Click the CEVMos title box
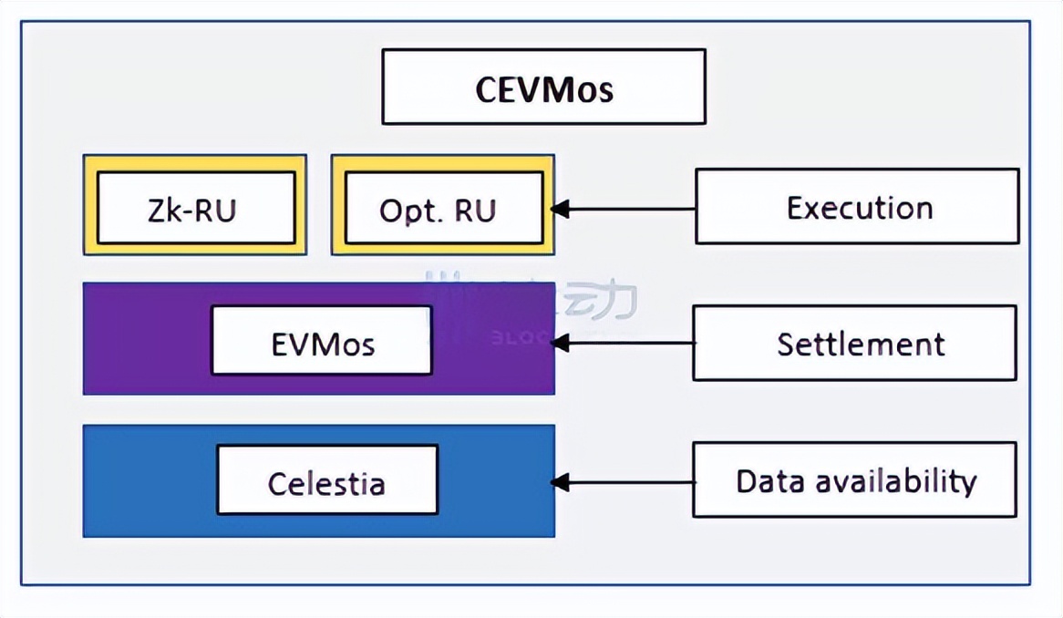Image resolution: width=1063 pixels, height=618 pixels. tap(543, 87)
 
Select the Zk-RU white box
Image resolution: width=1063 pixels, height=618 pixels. tap(196, 209)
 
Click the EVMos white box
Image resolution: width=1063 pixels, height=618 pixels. tap(321, 340)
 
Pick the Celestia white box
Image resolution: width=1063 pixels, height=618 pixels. tap(326, 480)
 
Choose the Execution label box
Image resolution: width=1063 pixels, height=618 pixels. tap(857, 206)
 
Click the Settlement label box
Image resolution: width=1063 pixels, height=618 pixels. tap(854, 343)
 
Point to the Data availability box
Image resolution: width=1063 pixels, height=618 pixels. tap(854, 480)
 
